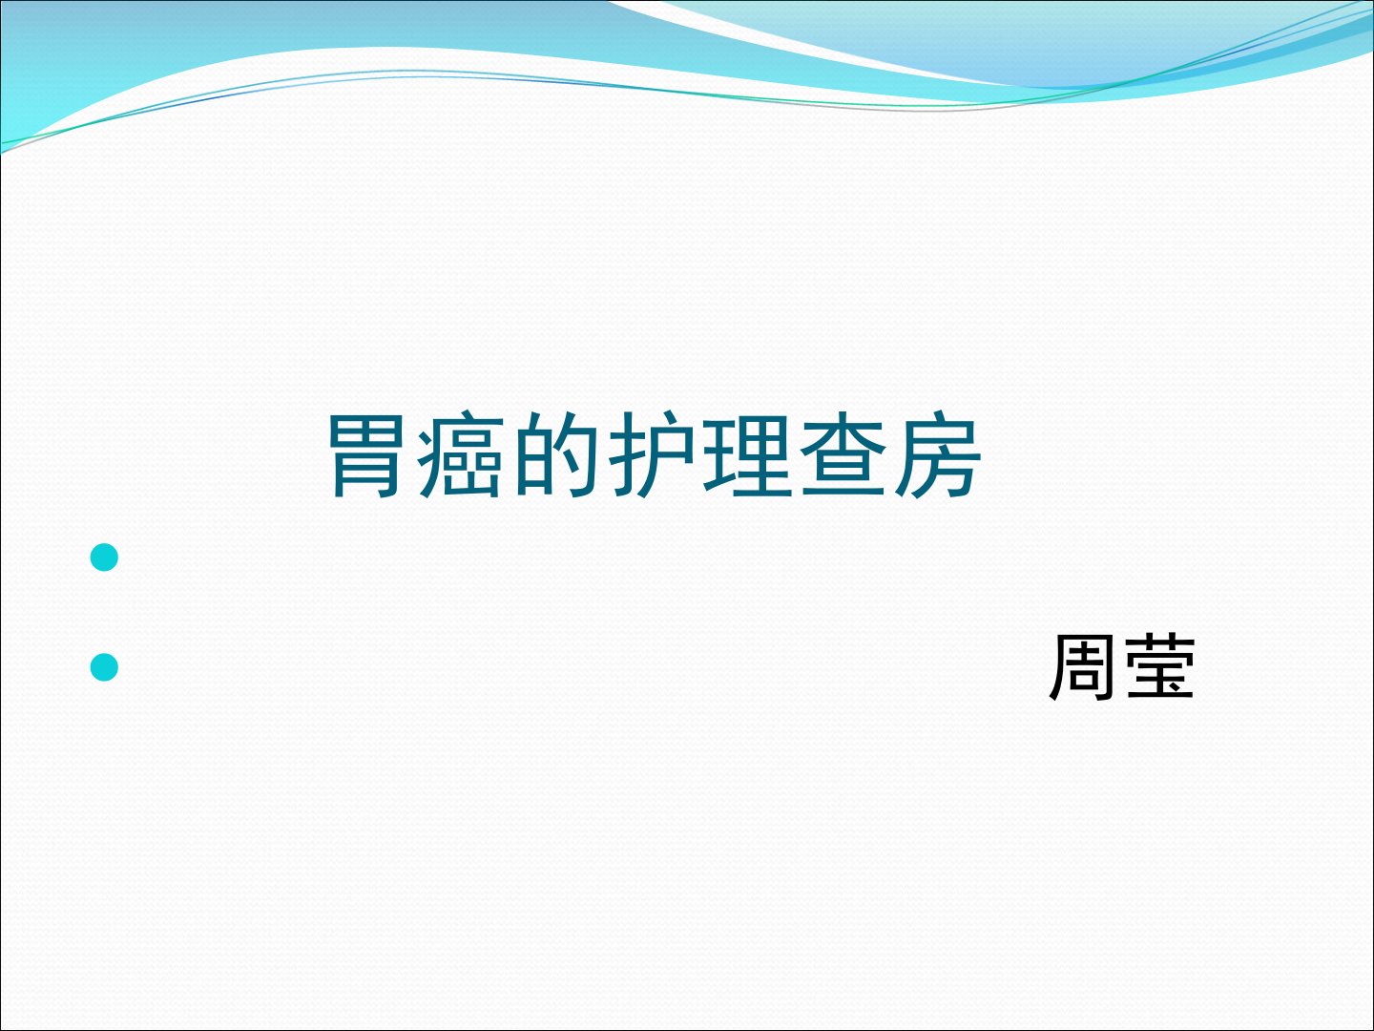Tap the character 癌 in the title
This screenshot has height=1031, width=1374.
point(460,455)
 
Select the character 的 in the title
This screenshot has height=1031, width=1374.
point(555,455)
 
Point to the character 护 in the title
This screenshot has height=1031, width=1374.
point(651,455)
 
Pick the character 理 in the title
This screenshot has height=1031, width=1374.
point(746,455)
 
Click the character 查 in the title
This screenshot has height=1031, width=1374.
point(843,455)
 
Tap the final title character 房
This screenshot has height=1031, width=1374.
point(938,455)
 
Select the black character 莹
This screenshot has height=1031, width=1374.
point(1160,666)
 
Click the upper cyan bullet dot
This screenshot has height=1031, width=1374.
point(104,558)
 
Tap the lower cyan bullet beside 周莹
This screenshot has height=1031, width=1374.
point(104,666)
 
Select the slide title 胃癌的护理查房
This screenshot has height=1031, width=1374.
point(655,455)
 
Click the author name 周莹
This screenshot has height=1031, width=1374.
point(1122,666)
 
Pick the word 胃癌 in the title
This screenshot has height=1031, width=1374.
point(416,455)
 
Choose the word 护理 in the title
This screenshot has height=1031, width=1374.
point(699,455)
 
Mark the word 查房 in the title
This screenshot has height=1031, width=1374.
point(890,455)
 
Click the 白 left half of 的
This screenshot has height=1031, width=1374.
point(533,457)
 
